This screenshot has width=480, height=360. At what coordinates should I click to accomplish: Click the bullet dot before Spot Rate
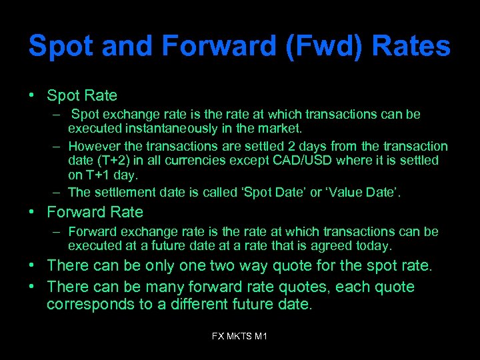click(x=32, y=95)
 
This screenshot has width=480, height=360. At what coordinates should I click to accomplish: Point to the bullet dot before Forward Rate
click(x=32, y=212)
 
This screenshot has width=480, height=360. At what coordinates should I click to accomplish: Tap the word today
click(x=376, y=246)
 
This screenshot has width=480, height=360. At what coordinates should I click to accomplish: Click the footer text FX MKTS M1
click(x=239, y=337)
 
